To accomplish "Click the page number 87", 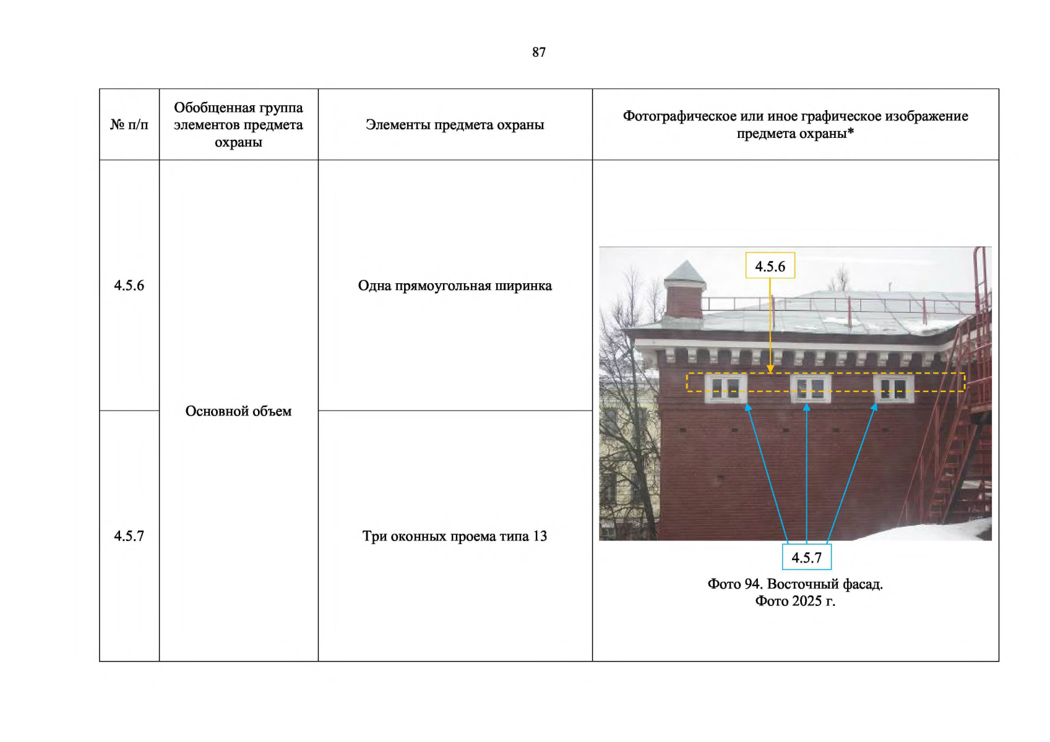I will click(538, 53).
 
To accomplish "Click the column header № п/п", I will click(129, 125).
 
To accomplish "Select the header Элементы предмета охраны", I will click(455, 125).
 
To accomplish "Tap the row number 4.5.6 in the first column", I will click(129, 286).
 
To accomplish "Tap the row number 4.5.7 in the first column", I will click(129, 536).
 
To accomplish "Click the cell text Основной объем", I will click(238, 411).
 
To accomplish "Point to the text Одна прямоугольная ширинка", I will click(455, 286).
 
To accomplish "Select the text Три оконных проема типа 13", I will click(455, 536).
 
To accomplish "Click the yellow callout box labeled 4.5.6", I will click(770, 266).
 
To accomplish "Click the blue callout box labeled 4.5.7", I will click(806, 557).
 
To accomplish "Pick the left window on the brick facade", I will click(725, 388).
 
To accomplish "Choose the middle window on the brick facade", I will click(811, 388).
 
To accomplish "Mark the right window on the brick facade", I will click(893, 388).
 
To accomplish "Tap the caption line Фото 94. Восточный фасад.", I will click(795, 584).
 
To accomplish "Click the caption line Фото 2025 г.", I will click(795, 601).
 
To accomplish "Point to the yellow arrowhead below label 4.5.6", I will click(770, 369).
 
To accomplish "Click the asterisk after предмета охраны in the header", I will click(851, 132).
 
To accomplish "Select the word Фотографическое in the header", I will click(679, 116).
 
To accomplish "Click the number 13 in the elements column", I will click(540, 536).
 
